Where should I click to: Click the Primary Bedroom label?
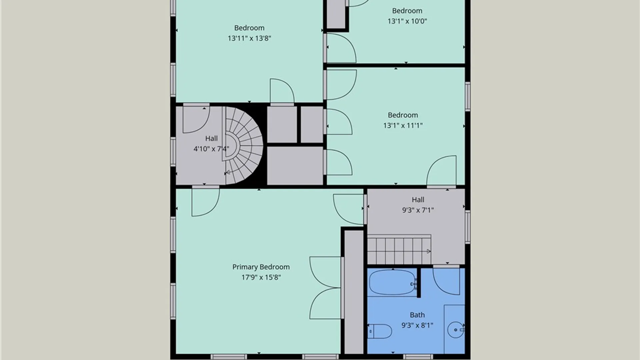[261, 267]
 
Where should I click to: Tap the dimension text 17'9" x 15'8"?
[261, 277]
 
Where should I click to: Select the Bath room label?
[417, 315]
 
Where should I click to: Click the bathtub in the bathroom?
[392, 282]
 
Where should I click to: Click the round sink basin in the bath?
[455, 330]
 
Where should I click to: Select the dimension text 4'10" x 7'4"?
[211, 149]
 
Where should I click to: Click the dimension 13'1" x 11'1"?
[403, 125]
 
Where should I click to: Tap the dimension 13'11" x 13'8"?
[249, 38]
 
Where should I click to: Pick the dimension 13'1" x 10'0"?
[407, 21]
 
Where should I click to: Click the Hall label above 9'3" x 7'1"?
[418, 199]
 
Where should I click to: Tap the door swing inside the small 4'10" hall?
[196, 119]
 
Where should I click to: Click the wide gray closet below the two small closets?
[295, 166]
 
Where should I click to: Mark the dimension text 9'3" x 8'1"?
[417, 325]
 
